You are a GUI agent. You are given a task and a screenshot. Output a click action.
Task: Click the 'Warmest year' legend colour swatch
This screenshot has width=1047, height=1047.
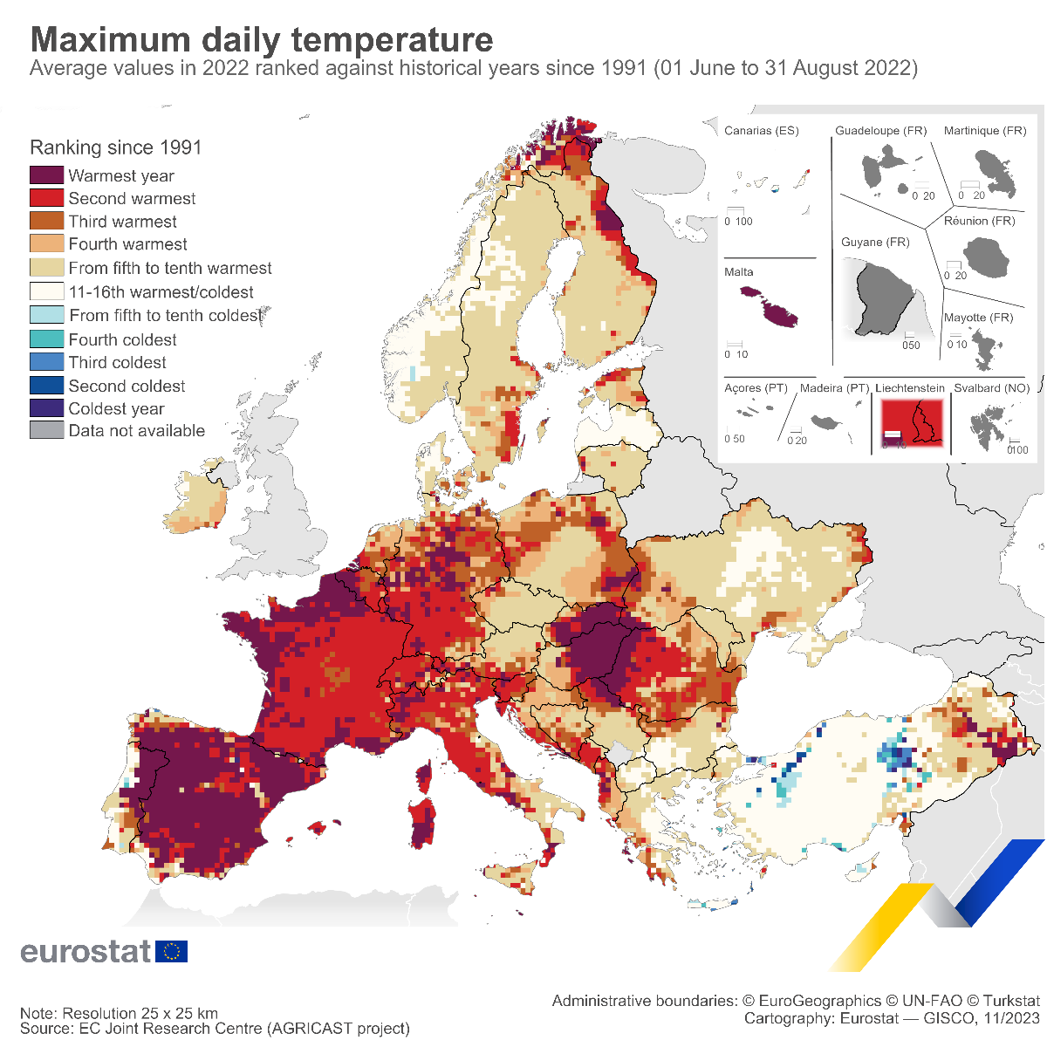point(46,175)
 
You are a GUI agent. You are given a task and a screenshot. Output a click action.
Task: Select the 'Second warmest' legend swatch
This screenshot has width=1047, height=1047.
point(46,198)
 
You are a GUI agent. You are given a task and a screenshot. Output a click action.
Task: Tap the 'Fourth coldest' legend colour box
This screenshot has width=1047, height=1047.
point(46,339)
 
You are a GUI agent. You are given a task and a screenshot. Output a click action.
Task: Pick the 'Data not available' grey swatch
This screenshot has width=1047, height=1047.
point(46,430)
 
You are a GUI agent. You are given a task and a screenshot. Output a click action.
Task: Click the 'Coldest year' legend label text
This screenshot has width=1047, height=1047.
point(116,408)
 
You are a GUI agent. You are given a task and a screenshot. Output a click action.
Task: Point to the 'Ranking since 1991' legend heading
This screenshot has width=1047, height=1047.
point(116,147)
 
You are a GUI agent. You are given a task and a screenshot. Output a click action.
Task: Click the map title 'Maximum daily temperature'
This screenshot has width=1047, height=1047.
point(262,40)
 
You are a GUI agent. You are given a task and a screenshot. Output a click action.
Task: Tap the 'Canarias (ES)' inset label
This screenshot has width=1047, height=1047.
point(762,131)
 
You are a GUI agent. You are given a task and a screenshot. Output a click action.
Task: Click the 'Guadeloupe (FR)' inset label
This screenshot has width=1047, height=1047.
point(880,131)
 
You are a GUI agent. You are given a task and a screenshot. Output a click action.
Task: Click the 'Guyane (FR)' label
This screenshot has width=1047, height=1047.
point(875,242)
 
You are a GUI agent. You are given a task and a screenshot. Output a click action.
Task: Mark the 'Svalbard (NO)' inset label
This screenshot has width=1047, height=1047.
point(991,388)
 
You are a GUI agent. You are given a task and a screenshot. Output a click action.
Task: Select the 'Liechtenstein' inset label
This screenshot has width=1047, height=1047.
point(910,388)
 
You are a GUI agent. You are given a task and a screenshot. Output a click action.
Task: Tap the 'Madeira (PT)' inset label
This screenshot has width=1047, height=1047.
point(835,388)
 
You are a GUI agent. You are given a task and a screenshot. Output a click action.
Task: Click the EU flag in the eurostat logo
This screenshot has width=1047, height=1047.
point(171,951)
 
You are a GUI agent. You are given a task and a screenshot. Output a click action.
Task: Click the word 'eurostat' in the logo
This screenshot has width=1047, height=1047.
point(86,951)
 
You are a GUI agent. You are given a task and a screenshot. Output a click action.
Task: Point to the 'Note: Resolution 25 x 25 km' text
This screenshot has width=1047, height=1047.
point(120,1014)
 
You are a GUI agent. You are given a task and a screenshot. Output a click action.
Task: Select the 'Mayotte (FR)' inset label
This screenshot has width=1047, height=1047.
point(979,318)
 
